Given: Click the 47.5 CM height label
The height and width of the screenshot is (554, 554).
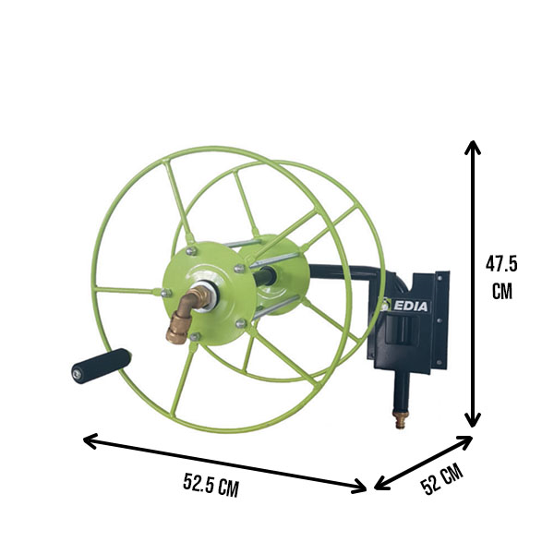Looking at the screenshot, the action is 501,278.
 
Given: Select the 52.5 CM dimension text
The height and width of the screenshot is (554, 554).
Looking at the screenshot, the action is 211,485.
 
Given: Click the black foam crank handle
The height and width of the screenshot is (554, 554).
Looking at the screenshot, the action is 102,366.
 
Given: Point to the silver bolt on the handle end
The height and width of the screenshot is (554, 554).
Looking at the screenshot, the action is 77,375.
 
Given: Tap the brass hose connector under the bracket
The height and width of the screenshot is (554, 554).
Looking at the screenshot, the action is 402,419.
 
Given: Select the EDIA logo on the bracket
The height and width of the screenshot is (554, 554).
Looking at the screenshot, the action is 405,306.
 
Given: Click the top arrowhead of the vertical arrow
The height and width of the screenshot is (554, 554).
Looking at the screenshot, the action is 473,147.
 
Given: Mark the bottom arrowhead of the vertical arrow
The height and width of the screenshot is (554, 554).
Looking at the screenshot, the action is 473,420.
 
